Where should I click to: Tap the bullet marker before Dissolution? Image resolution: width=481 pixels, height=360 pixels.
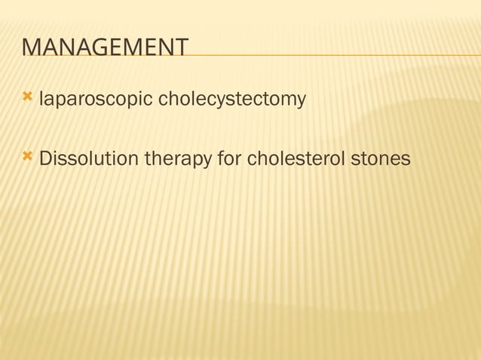(28, 158)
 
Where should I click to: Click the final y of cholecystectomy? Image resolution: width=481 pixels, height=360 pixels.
(301, 101)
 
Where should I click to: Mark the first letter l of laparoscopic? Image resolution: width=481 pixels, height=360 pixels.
(41, 99)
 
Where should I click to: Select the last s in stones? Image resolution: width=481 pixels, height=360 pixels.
(406, 160)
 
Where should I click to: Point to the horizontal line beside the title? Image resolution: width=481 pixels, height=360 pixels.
(332, 55)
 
